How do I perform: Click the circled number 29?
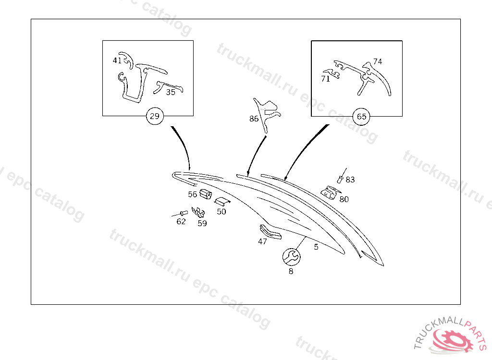(155, 116)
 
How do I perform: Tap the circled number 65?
(361, 117)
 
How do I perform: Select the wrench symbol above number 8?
(292, 257)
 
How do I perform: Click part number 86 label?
(254, 119)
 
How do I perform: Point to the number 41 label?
(117, 60)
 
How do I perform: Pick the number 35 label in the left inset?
(171, 92)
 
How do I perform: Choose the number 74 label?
(378, 61)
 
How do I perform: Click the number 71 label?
(326, 79)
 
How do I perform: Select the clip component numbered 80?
(330, 192)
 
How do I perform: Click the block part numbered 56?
(206, 194)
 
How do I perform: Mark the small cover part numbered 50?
(222, 201)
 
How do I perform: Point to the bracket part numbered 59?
(198, 212)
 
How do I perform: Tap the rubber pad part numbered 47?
(270, 232)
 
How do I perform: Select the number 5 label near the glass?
(316, 247)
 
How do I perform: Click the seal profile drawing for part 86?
(267, 114)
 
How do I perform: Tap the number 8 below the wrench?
(291, 271)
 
